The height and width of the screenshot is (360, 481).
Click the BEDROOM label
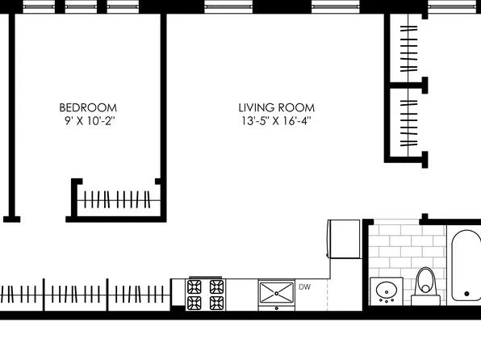click(88, 107)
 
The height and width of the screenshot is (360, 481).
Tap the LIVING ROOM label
click(276, 107)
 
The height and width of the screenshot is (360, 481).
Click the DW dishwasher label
click(304, 287)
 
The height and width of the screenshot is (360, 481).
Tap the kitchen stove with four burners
click(206, 294)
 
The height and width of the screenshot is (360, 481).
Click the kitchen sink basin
click(276, 291)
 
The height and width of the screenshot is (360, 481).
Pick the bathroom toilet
click(425, 284)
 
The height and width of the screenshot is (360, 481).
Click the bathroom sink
click(387, 290)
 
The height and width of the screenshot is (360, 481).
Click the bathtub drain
click(466, 294)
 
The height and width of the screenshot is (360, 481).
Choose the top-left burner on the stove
click(195, 286)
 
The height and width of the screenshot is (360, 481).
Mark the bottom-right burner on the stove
click(216, 303)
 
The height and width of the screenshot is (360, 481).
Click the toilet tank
click(425, 299)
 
